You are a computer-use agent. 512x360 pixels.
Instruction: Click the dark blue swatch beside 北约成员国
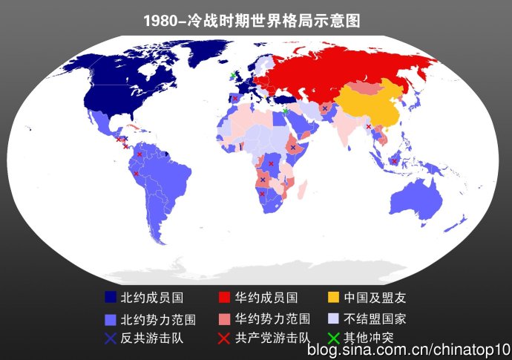tap(111, 298)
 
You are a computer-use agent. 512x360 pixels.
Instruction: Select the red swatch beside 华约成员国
tap(223, 298)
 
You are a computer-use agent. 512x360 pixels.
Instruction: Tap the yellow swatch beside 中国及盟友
tap(333, 298)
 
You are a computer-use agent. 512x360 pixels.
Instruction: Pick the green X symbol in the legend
tap(333, 338)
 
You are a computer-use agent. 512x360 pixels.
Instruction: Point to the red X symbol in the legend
tap(223, 338)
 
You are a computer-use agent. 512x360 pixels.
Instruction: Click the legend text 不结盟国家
tap(375, 320)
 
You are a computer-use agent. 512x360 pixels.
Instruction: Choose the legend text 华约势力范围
tap(272, 320)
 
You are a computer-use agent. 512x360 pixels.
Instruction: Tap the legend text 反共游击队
tap(152, 338)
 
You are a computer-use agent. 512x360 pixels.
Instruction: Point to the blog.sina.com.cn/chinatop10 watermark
tap(409, 349)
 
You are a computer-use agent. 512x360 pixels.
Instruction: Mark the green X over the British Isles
tap(232, 76)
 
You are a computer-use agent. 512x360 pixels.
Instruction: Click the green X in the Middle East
tap(286, 111)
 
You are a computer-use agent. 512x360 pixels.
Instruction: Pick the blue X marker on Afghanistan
tap(325, 108)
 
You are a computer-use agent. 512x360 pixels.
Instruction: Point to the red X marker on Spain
tap(235, 98)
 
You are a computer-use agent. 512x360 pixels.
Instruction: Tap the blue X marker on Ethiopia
tap(294, 148)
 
